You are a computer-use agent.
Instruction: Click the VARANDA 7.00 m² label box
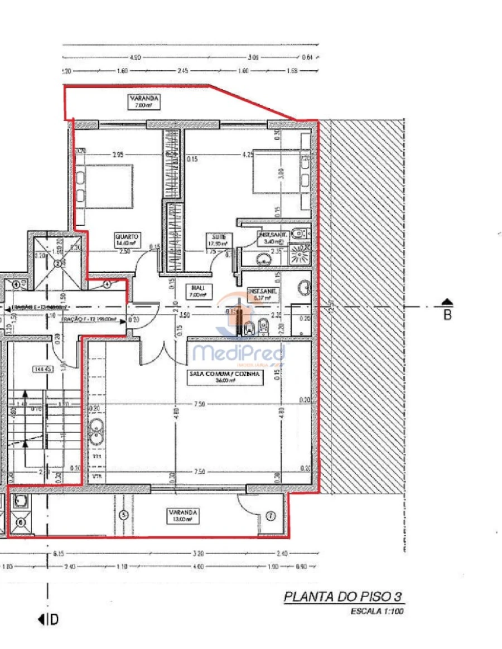(x=144, y=101)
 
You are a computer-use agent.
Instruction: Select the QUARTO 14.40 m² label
(x=127, y=239)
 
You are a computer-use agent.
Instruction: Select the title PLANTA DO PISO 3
(x=342, y=597)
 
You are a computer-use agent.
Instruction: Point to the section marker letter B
(x=447, y=314)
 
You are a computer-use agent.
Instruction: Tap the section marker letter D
(x=54, y=619)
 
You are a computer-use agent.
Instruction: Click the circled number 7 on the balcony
(x=271, y=516)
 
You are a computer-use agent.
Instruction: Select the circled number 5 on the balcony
(x=124, y=515)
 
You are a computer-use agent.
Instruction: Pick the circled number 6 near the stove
(x=21, y=522)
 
